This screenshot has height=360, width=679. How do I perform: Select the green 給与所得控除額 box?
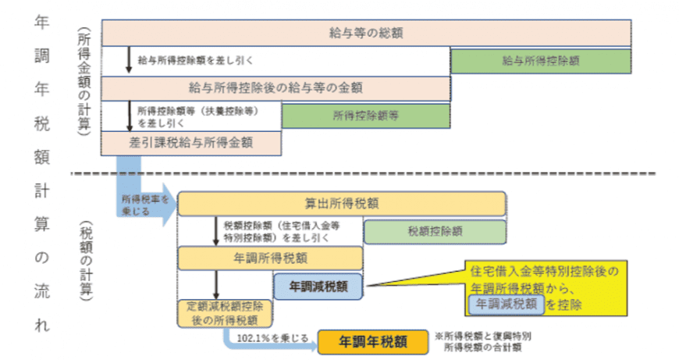[x=540, y=60]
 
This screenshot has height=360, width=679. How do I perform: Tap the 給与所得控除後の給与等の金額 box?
[x=275, y=87]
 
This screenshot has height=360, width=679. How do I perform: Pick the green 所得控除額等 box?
[x=365, y=116]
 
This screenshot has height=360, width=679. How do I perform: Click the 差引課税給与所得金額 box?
[x=190, y=143]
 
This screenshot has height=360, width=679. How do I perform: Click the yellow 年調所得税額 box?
[x=270, y=258]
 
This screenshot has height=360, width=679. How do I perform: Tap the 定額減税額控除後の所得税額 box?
[x=225, y=312]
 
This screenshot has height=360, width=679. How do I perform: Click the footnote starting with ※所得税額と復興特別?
[x=489, y=340]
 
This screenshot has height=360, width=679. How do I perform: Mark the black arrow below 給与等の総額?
[x=129, y=60]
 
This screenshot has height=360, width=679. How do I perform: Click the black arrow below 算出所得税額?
[x=216, y=231]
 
